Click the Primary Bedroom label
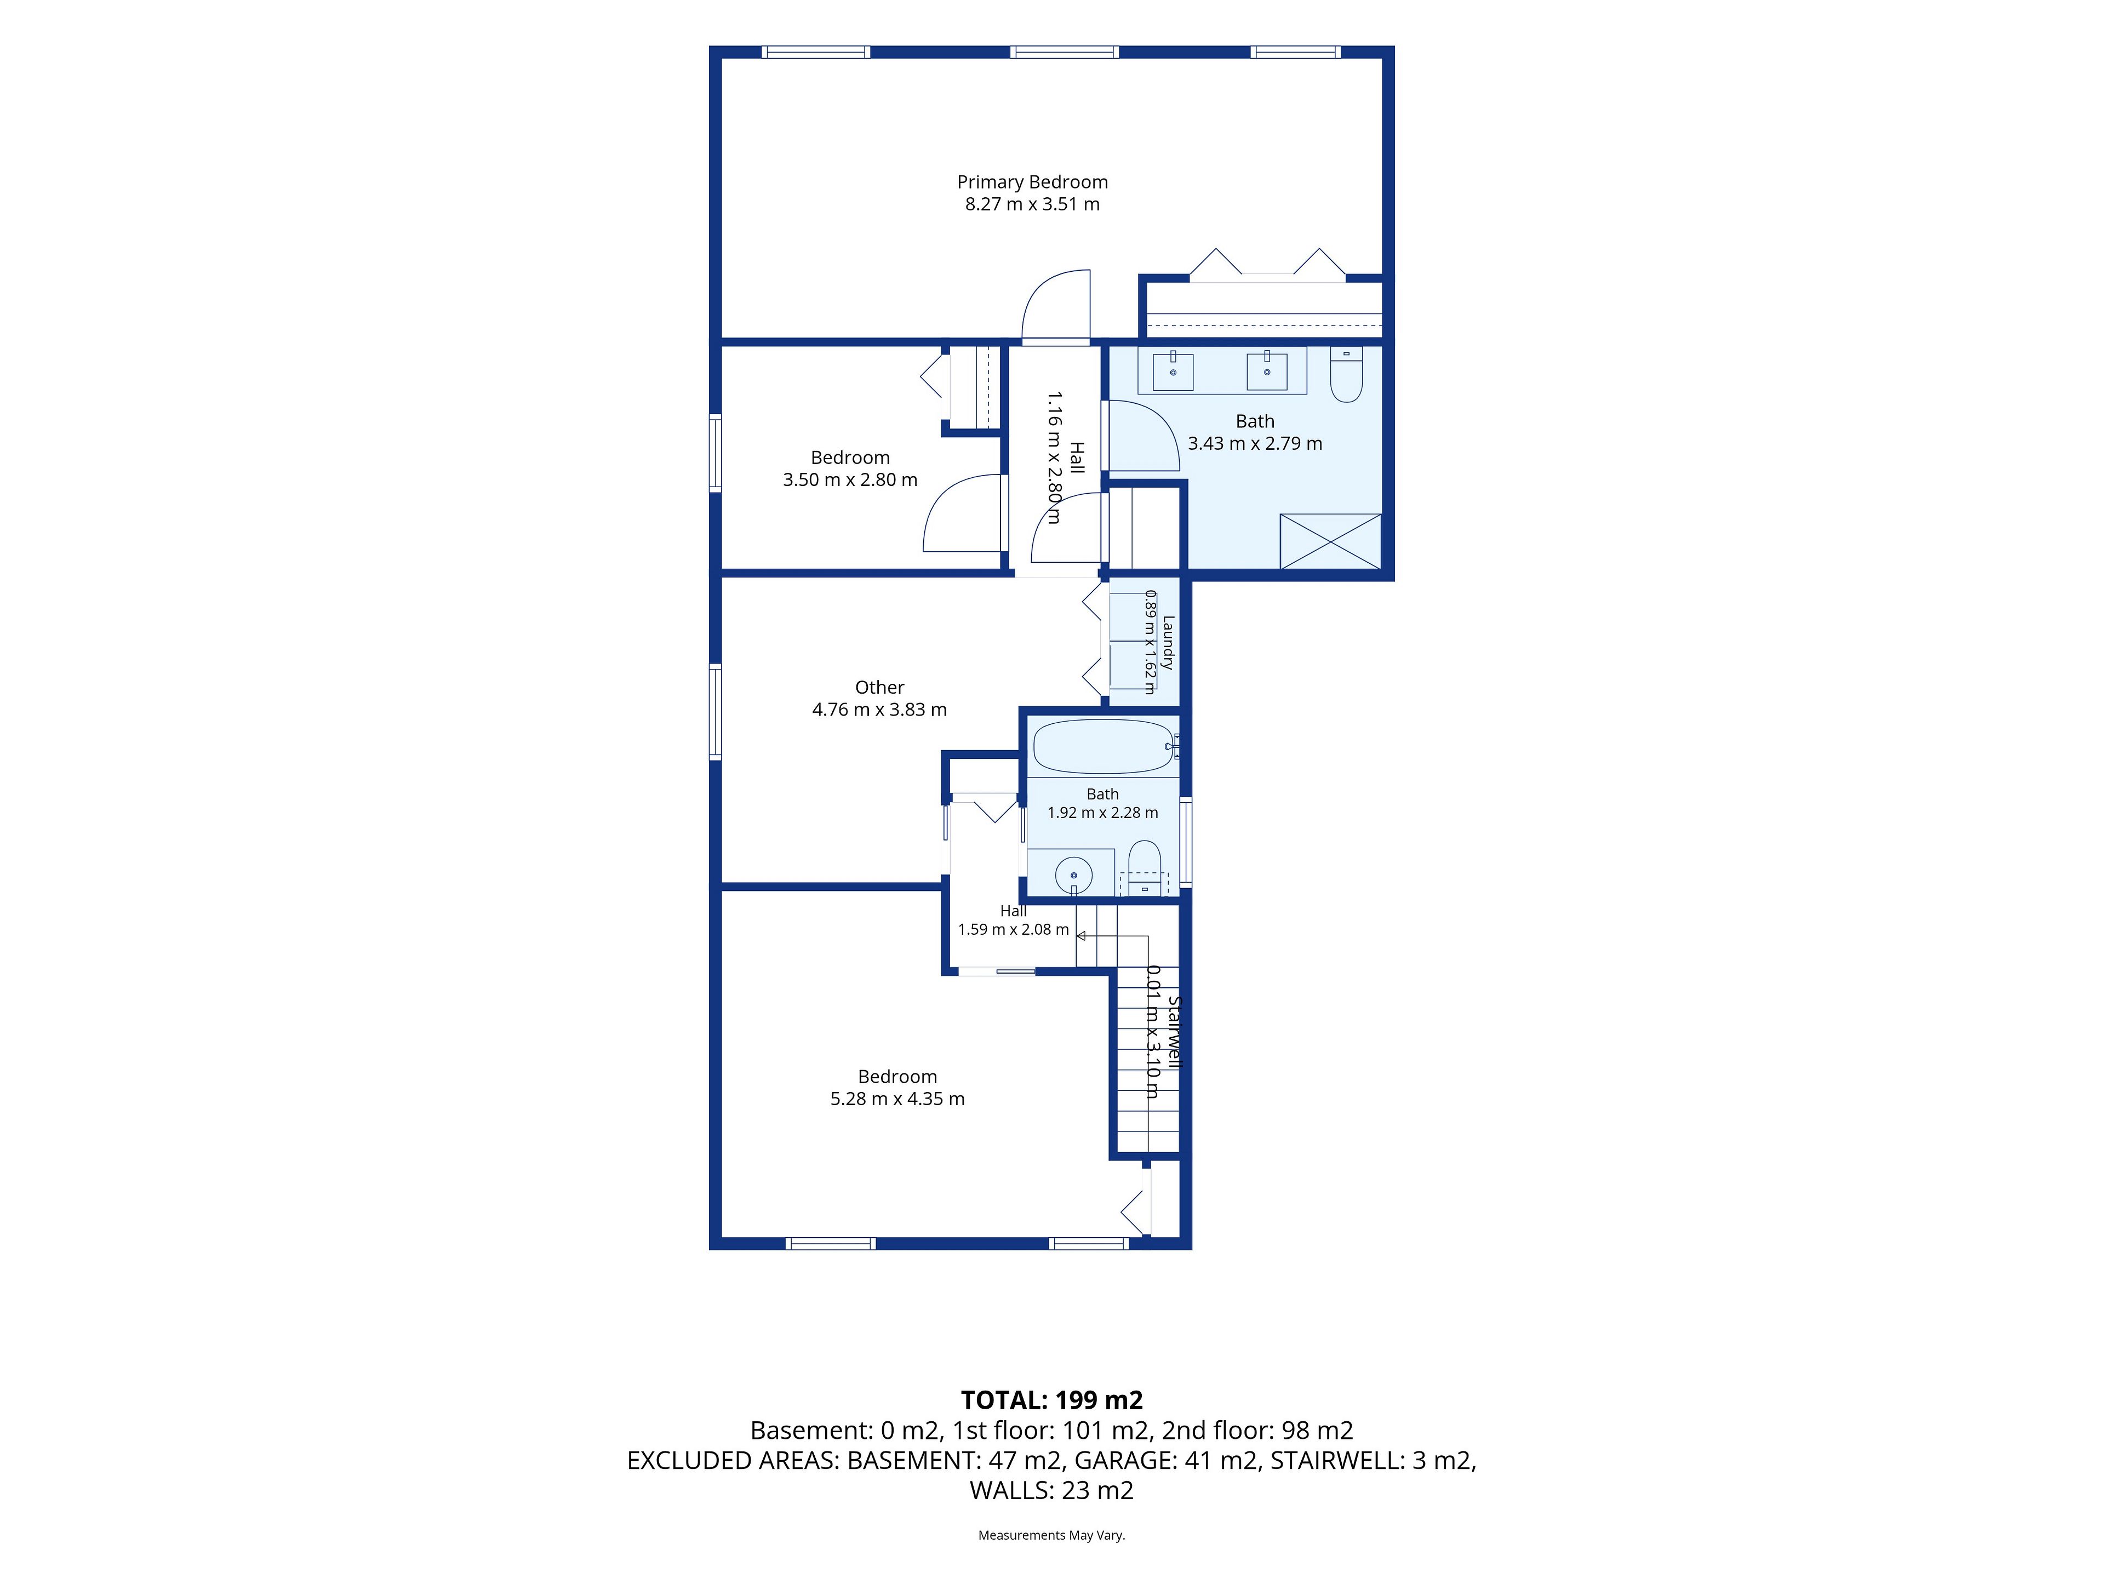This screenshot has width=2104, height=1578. [1032, 182]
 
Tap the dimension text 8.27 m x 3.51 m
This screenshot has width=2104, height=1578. [1032, 204]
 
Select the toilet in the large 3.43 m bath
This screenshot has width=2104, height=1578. [1346, 374]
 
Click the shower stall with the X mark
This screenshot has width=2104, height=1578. [1330, 541]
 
